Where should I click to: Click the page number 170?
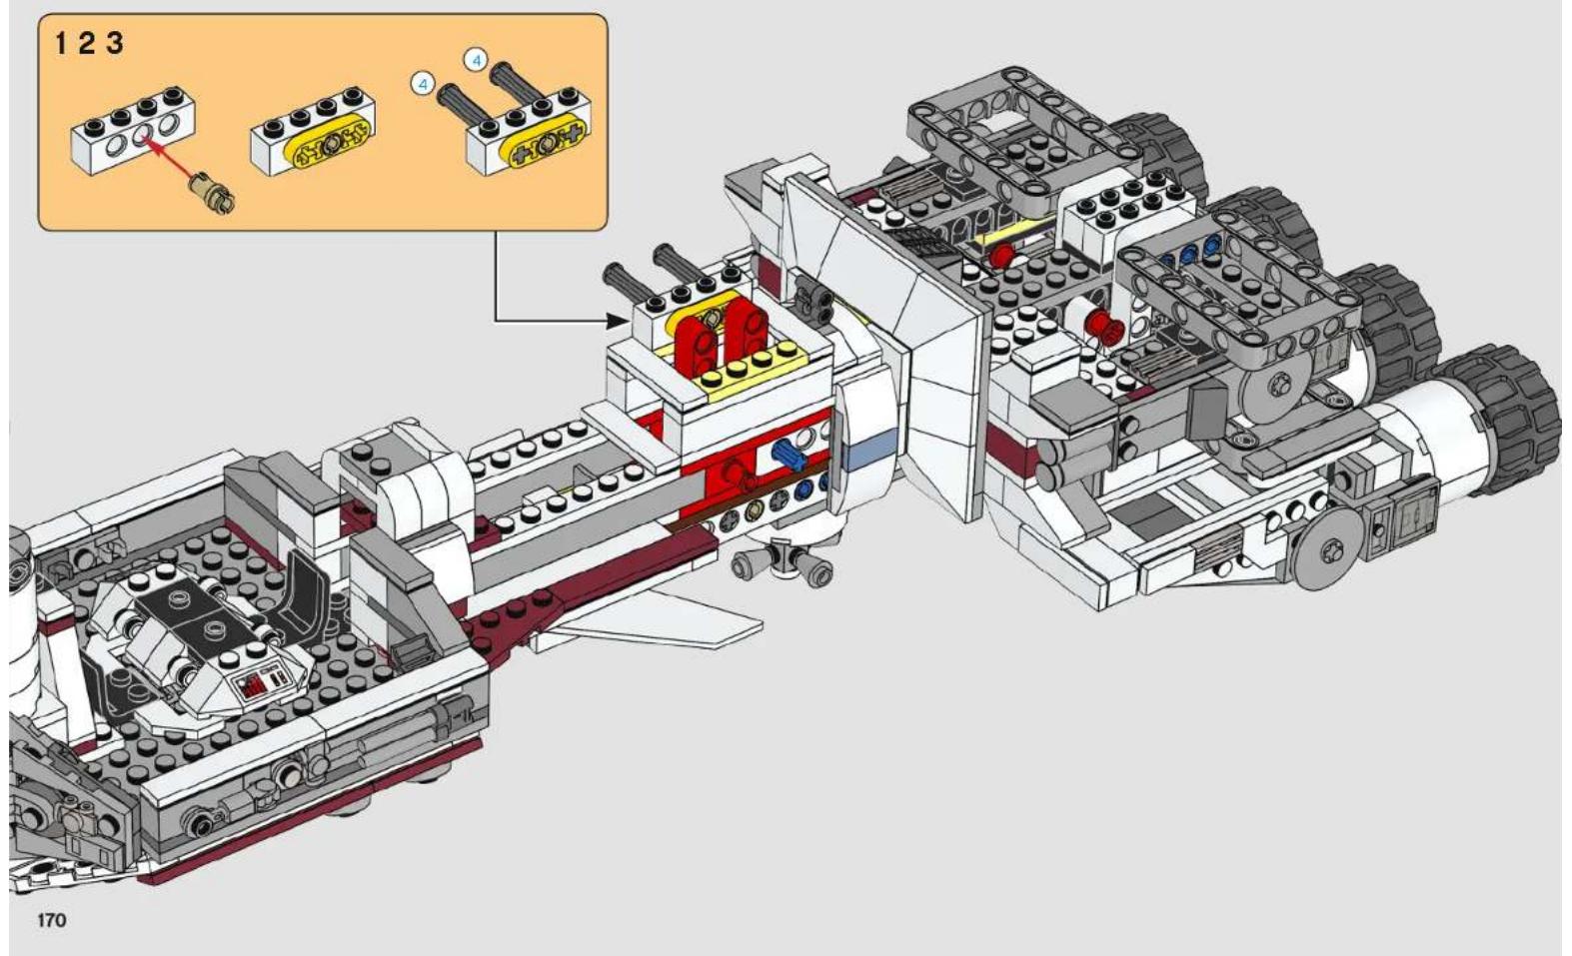(x=52, y=919)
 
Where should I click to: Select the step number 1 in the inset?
(x=61, y=44)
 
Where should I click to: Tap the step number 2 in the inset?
(x=86, y=44)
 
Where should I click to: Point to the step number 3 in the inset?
(x=115, y=44)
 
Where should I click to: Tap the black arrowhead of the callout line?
(x=618, y=322)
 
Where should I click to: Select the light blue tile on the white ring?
(x=870, y=450)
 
